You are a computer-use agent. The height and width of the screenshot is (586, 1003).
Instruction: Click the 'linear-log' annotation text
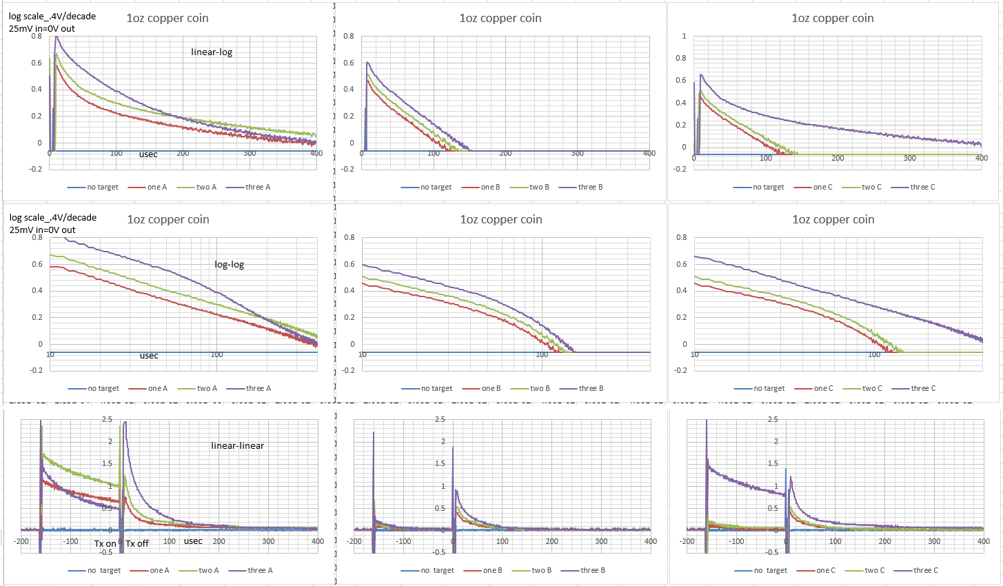click(x=212, y=52)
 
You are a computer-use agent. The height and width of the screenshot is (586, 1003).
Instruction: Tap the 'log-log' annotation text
click(x=229, y=264)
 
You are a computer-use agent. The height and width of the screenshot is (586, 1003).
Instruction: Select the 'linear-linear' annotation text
click(x=237, y=445)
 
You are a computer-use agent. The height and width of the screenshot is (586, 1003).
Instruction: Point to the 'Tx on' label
click(x=105, y=543)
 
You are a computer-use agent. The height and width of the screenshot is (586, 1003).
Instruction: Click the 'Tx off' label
click(x=137, y=543)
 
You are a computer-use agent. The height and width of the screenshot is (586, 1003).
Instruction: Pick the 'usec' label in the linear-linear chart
click(x=193, y=541)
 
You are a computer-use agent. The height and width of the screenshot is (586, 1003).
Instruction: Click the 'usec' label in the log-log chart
click(x=149, y=356)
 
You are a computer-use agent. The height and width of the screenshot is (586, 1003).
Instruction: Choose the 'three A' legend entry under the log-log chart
click(x=259, y=388)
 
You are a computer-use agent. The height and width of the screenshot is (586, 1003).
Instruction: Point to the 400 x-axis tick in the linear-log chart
click(x=316, y=153)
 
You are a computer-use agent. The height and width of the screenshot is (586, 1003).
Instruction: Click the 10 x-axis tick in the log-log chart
click(x=50, y=354)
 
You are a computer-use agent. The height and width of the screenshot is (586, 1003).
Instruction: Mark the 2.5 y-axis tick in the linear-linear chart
click(x=107, y=419)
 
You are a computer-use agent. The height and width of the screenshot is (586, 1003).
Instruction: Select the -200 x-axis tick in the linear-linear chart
click(x=21, y=541)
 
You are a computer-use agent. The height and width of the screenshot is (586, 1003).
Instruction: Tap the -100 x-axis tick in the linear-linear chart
click(x=70, y=541)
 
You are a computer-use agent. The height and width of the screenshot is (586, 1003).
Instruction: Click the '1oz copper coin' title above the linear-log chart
click(x=168, y=19)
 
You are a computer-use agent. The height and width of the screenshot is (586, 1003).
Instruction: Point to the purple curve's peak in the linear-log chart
click(x=57, y=37)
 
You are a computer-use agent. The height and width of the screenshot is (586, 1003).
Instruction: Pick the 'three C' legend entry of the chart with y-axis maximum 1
click(x=922, y=187)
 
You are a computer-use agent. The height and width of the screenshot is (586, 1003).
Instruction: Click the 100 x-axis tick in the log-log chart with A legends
click(x=216, y=354)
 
